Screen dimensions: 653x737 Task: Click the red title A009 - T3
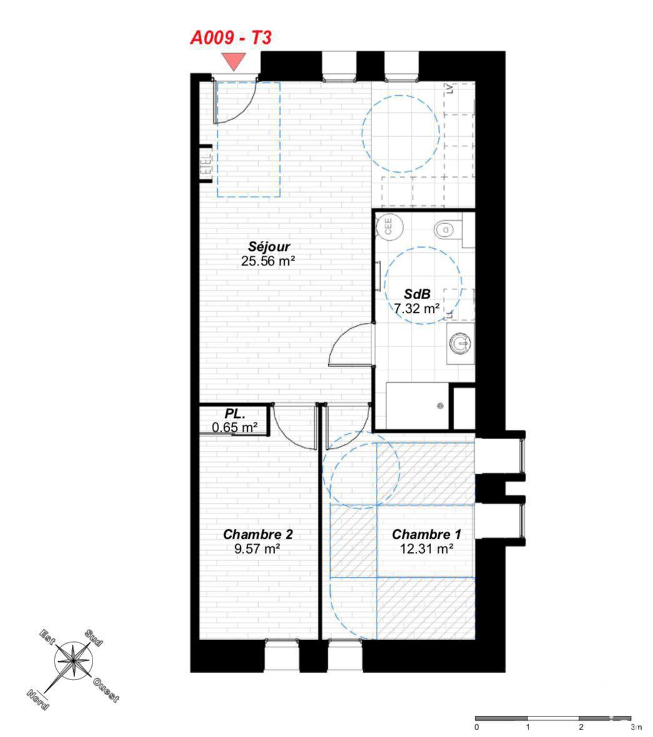(231, 38)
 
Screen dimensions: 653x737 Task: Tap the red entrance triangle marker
(234, 61)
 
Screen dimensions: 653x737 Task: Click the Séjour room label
(269, 247)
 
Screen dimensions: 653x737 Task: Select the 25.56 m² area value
(268, 261)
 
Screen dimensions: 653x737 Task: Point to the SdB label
(417, 294)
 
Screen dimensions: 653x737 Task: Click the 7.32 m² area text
(417, 309)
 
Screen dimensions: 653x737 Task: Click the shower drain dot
(440, 406)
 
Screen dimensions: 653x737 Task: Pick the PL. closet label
(235, 414)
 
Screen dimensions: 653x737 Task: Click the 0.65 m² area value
(235, 428)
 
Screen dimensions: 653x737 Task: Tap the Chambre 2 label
(258, 534)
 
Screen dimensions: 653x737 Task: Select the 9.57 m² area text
(258, 549)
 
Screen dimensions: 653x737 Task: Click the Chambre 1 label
(426, 534)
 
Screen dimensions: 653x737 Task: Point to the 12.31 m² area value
(426, 549)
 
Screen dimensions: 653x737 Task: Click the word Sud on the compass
(93, 638)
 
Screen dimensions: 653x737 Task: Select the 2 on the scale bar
(581, 727)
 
